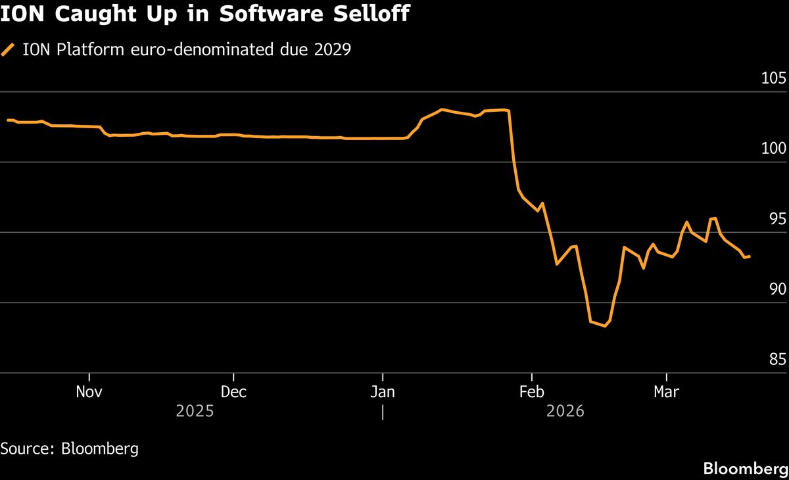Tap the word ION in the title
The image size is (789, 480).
[x=23, y=14]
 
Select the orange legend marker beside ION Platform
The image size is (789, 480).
[x=9, y=50]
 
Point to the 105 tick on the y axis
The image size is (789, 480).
[x=773, y=79]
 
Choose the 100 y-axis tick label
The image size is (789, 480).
[x=773, y=149]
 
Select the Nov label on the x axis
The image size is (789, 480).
[x=89, y=392]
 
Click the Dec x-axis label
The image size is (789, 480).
[x=233, y=392]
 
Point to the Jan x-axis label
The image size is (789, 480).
[x=382, y=392]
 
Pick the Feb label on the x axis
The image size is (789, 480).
[x=531, y=392]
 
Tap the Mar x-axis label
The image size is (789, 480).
[x=667, y=392]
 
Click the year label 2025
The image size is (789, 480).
[x=195, y=412]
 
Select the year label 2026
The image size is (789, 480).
[x=565, y=412]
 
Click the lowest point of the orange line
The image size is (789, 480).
[x=605, y=325]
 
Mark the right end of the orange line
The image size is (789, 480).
[x=750, y=256]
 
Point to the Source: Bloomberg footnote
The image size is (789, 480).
[x=70, y=449]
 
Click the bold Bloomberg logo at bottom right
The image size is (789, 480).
[x=746, y=469]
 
